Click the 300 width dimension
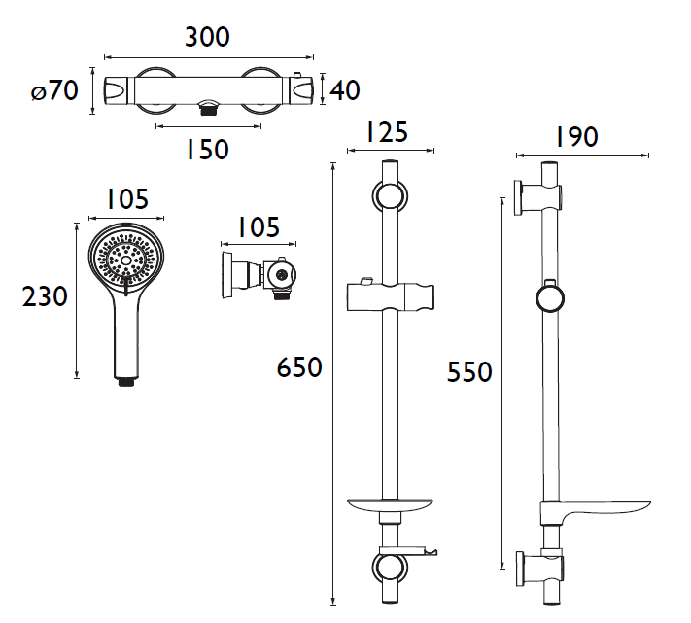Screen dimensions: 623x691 tap(207, 38)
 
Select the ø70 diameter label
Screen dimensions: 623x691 tap(53, 92)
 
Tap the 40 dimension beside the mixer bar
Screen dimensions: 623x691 tap(344, 90)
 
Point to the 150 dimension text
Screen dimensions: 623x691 tap(207, 150)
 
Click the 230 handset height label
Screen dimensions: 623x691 tap(46, 297)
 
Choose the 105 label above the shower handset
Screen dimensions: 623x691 tap(126, 200)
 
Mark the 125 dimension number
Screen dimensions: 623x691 tap(389, 132)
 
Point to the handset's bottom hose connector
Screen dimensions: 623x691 tap(125, 382)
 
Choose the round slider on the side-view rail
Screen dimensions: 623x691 tap(550, 296)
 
